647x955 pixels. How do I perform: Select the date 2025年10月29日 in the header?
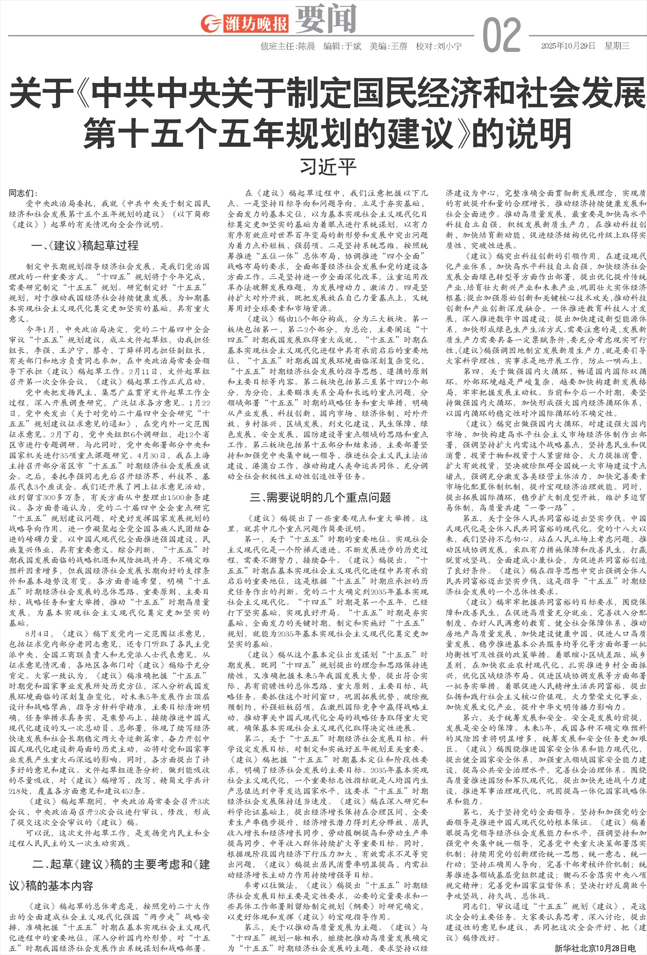pyautogui.click(x=568, y=46)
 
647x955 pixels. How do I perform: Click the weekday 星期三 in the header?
pyautogui.click(x=617, y=46)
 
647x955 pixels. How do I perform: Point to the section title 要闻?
pyautogui.click(x=325, y=19)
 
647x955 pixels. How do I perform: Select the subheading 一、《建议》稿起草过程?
pyautogui.click(x=85, y=246)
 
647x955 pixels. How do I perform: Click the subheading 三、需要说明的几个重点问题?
pyautogui.click(x=320, y=497)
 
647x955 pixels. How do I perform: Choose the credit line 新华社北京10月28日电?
pyautogui.click(x=595, y=948)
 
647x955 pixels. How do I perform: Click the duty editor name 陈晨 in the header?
pyautogui.click(x=306, y=46)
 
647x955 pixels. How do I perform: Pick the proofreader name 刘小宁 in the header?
pyautogui.click(x=449, y=46)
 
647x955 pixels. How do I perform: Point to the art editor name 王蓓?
pyautogui.click(x=399, y=46)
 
